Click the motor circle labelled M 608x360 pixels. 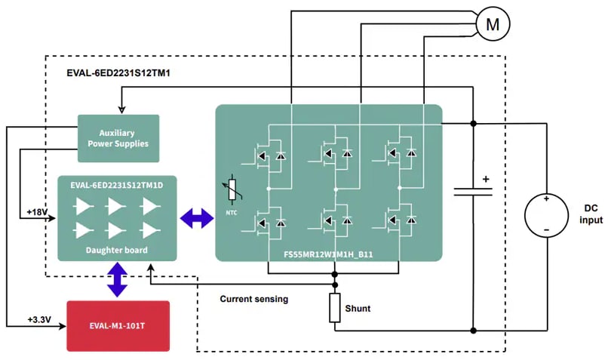click(x=492, y=24)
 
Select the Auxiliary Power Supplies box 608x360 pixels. click(x=118, y=138)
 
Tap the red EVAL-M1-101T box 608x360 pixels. click(x=118, y=325)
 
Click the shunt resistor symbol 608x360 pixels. click(x=335, y=308)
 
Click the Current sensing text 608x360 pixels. click(x=254, y=299)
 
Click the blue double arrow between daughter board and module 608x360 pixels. click(x=196, y=219)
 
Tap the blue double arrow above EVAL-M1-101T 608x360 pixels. click(x=118, y=280)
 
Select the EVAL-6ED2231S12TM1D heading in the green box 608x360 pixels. click(x=117, y=184)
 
